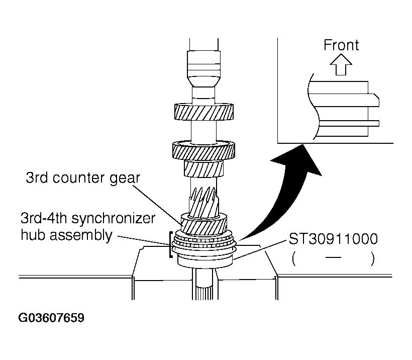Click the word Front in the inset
341,45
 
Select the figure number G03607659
52,318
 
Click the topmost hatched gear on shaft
205,111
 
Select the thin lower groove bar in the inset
347,122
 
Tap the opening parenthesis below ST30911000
292,259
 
